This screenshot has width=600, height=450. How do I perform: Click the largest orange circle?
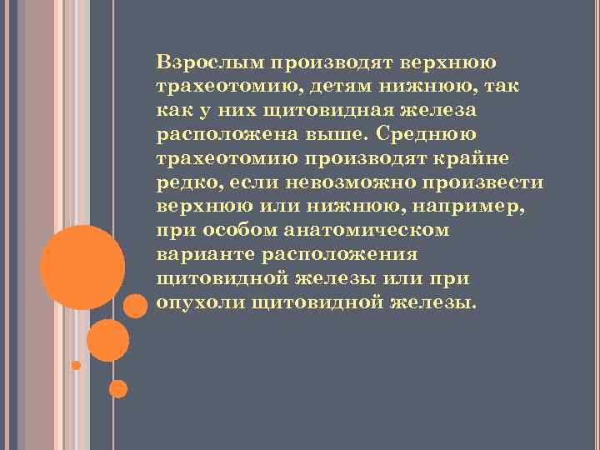(x=82, y=266)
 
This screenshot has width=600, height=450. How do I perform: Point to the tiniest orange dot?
(x=76, y=365)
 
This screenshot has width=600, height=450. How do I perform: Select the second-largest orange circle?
(x=107, y=340)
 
